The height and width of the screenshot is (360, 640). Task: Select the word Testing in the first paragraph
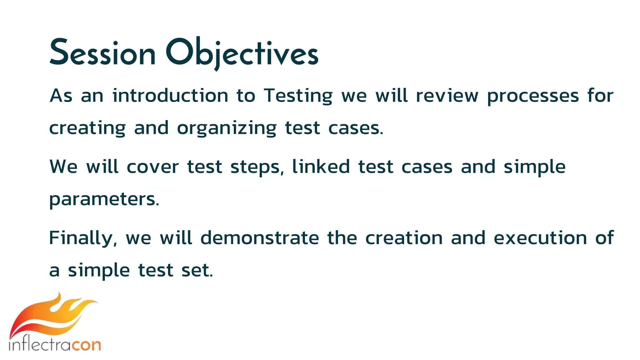coord(298,96)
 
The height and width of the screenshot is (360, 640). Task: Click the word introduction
coord(170,96)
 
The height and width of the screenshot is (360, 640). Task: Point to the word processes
coord(533,96)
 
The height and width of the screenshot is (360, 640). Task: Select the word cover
coord(152,167)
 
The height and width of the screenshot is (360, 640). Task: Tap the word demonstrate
coord(259,238)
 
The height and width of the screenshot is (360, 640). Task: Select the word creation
coord(404,238)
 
